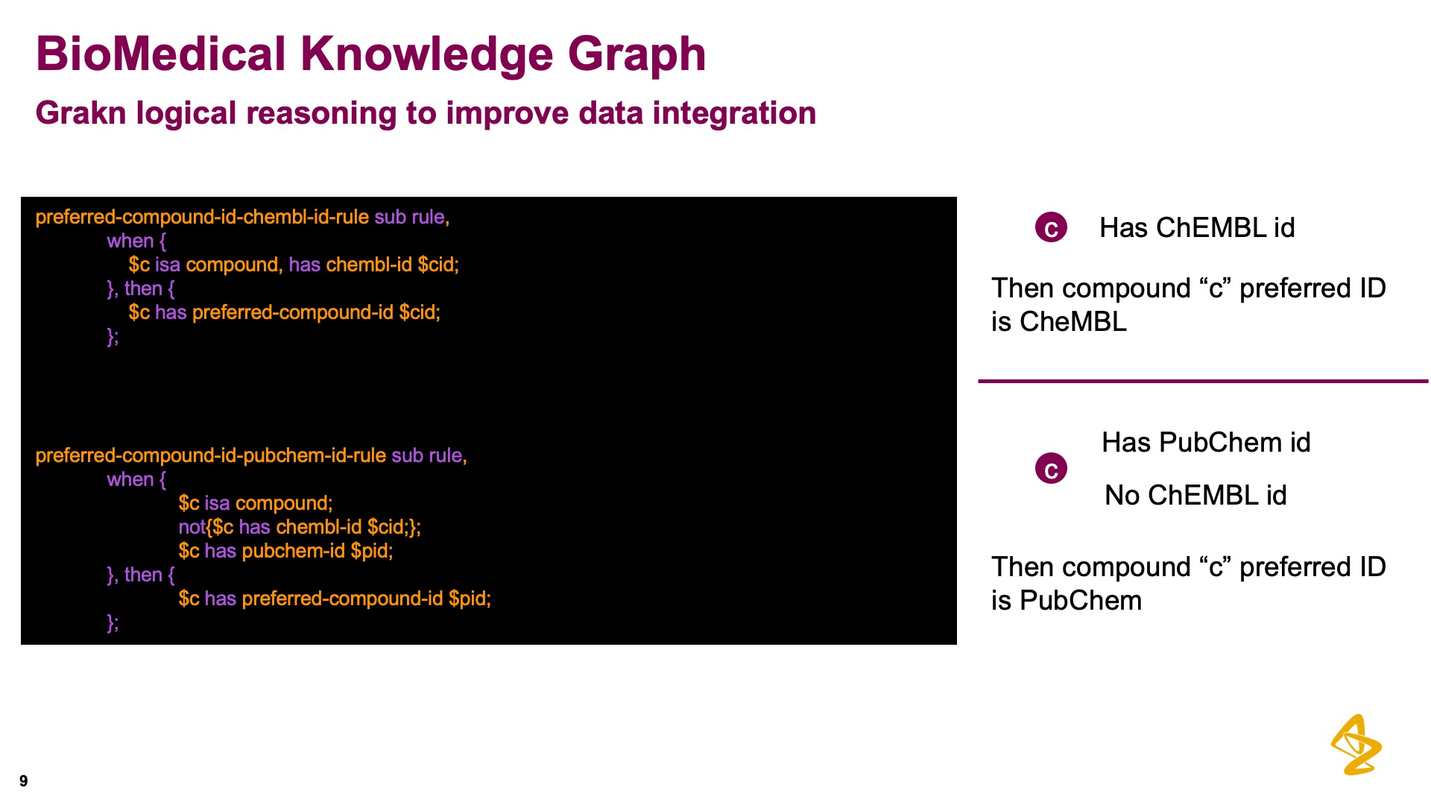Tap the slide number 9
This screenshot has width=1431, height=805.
(24, 781)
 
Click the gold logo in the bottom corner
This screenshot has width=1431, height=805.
(1356, 745)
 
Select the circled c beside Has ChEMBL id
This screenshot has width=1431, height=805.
(1051, 227)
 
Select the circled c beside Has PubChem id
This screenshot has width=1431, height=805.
(1051, 469)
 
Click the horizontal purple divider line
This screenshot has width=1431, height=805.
(1203, 381)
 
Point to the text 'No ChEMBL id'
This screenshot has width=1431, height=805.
(1195, 495)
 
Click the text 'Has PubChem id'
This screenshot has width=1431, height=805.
(1206, 442)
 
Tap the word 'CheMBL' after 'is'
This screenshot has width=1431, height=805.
(1073, 322)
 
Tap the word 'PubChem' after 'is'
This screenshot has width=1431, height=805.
(1081, 601)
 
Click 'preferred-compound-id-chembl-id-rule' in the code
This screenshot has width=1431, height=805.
(202, 217)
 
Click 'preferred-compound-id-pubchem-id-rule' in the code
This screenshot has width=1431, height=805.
(211, 455)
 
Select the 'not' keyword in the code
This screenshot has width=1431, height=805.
(192, 527)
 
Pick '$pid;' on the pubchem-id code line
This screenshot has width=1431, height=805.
(372, 551)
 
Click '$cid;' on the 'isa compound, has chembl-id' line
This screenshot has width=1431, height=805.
(438, 265)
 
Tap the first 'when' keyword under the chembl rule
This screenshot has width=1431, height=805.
(130, 241)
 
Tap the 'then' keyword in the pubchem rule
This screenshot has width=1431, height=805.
(143, 575)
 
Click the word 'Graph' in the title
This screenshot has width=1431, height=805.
(636, 55)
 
